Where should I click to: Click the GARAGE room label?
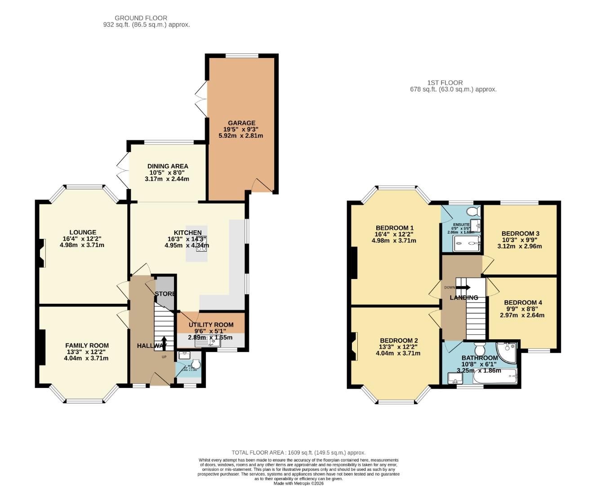[241, 123]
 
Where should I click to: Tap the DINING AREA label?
[168, 166]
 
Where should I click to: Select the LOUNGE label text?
[83, 233]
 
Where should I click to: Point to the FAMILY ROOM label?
[87, 346]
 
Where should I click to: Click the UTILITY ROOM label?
[211, 324]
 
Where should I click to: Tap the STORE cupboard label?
[165, 294]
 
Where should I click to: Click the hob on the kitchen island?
[201, 243]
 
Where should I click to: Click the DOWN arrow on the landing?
[462, 287]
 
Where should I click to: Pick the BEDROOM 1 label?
[395, 228]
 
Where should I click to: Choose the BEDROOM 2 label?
[399, 341]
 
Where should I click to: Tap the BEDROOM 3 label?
[520, 234]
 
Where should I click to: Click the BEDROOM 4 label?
[523, 302]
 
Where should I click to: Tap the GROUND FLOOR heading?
[141, 18]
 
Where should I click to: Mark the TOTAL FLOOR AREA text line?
[298, 453]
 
